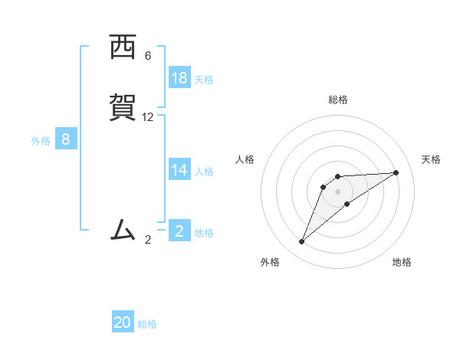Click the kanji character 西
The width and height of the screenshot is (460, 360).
click(x=123, y=47)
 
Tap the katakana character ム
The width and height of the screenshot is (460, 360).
click(x=123, y=230)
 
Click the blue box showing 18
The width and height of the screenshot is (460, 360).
click(x=179, y=78)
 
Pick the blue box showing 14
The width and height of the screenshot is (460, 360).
click(x=179, y=170)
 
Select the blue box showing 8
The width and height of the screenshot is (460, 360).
click(x=66, y=139)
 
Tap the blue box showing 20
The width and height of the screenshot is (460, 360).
click(x=123, y=322)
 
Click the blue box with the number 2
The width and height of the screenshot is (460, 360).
click(x=179, y=231)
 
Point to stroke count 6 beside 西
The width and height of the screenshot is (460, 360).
click(x=148, y=56)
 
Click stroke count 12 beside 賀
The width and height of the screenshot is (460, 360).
click(x=148, y=117)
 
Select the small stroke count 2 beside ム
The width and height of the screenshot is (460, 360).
click(x=148, y=240)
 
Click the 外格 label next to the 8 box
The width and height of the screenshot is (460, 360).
click(x=41, y=140)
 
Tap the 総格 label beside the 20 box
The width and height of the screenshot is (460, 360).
click(x=147, y=324)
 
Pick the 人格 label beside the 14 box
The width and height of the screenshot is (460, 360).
click(x=204, y=171)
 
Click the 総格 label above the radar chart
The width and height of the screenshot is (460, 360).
click(x=338, y=100)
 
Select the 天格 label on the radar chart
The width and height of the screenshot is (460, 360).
click(x=431, y=159)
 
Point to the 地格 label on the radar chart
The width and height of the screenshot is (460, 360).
click(x=402, y=262)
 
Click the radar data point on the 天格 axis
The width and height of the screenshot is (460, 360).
click(x=396, y=172)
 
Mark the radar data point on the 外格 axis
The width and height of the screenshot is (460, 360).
click(x=302, y=241)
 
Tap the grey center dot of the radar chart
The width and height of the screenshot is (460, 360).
click(x=338, y=191)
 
